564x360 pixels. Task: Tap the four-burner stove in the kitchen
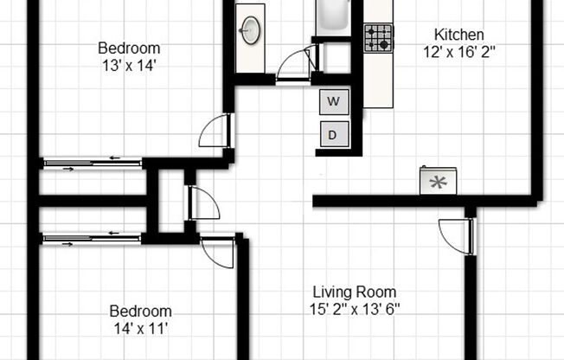[378, 38]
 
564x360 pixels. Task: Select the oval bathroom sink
[252, 31]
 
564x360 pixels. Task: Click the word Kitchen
[458, 35]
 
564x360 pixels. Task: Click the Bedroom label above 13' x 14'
[127, 48]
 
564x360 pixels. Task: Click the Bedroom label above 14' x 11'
[140, 311]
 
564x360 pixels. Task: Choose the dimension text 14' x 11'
[139, 328]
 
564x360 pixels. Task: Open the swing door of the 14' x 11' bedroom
[216, 252]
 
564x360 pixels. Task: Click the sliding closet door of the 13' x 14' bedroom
[93, 161]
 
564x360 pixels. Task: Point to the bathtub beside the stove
[332, 17]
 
